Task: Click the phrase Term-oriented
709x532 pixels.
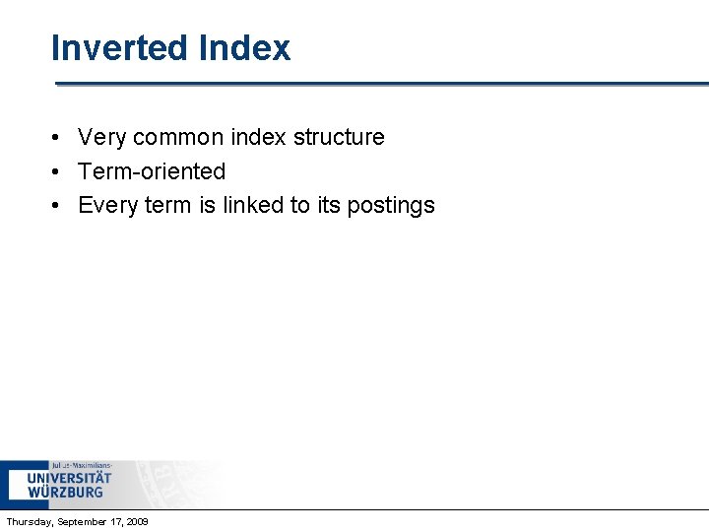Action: click(152, 171)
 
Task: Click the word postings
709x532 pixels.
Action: click(391, 205)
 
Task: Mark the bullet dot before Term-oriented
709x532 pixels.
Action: click(59, 171)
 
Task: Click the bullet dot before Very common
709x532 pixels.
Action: click(59, 138)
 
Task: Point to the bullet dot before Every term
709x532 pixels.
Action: click(59, 206)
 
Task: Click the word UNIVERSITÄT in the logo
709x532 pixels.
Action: click(69, 478)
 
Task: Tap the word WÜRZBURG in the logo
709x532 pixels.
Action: click(65, 492)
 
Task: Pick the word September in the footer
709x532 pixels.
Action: click(87, 521)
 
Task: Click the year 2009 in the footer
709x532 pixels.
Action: click(137, 521)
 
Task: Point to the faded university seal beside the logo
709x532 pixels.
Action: click(182, 483)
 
